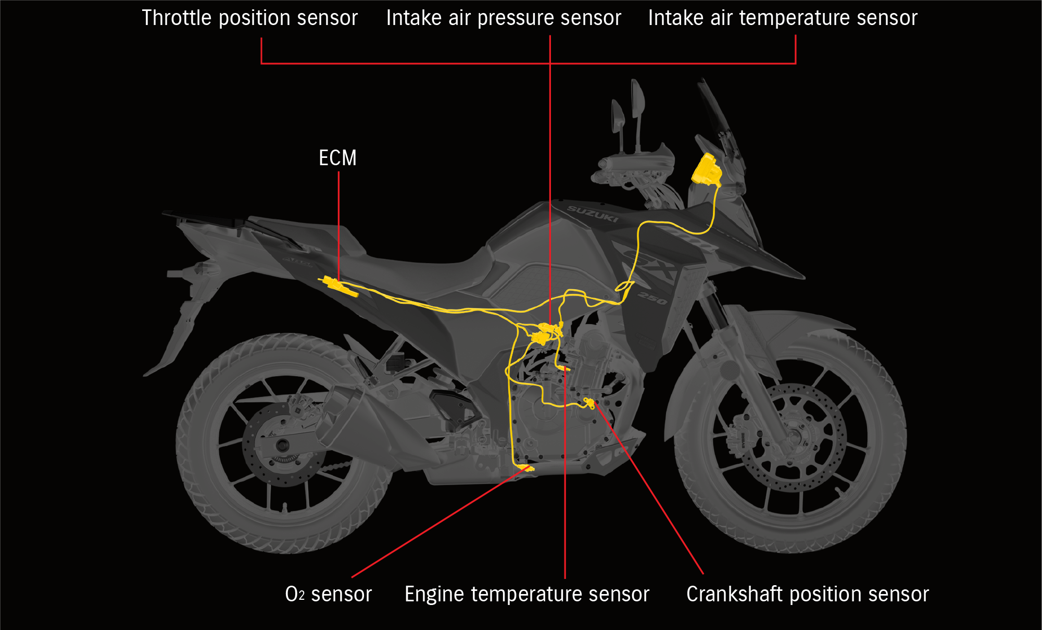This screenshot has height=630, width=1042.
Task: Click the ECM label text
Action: [x=337, y=158]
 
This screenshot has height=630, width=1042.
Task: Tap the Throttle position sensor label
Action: [x=249, y=18]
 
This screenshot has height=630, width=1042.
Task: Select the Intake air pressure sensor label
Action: [x=504, y=18]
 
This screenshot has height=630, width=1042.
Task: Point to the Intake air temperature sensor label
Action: [x=782, y=18]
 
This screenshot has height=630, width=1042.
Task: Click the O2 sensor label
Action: [x=328, y=594]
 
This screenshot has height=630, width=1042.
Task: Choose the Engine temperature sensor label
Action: [x=526, y=594]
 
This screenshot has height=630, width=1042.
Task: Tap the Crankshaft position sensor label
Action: [x=807, y=594]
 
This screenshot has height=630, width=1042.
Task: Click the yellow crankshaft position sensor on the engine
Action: [x=589, y=402]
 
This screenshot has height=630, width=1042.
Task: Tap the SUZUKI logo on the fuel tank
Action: [x=592, y=214]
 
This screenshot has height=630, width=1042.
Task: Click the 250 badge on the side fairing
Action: [x=652, y=298]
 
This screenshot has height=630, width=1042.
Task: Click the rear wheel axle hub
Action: [x=283, y=446]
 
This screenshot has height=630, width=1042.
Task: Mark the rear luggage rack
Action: [x=208, y=219]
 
